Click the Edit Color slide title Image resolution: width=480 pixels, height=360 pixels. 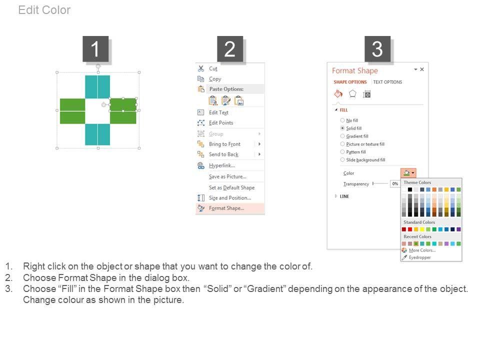(x=44, y=10)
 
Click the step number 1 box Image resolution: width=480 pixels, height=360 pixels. (x=95, y=49)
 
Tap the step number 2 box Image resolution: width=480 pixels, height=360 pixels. (x=230, y=49)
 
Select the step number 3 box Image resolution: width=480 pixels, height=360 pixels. (x=377, y=49)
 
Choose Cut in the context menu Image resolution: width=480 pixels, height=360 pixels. (x=213, y=68)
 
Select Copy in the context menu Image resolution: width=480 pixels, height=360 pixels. (x=215, y=79)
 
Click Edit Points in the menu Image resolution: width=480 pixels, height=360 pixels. (x=221, y=123)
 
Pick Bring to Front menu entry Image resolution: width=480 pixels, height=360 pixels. (x=224, y=144)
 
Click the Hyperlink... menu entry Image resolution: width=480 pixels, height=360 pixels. (x=222, y=165)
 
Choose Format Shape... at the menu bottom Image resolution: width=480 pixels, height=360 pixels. (x=226, y=208)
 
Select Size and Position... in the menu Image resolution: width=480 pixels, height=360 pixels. (x=230, y=198)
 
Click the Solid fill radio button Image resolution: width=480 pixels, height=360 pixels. (x=342, y=128)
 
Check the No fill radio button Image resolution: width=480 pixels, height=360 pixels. (x=342, y=120)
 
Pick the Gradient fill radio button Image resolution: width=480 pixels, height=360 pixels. (x=342, y=136)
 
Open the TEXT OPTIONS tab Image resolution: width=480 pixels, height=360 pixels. (x=387, y=82)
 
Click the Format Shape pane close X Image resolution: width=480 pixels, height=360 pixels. (x=422, y=69)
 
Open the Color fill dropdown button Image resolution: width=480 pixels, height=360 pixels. (x=408, y=173)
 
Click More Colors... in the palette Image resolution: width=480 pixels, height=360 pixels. (x=422, y=250)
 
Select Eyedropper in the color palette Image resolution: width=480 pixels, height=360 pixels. (x=419, y=257)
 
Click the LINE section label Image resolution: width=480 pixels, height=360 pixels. (x=344, y=196)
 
